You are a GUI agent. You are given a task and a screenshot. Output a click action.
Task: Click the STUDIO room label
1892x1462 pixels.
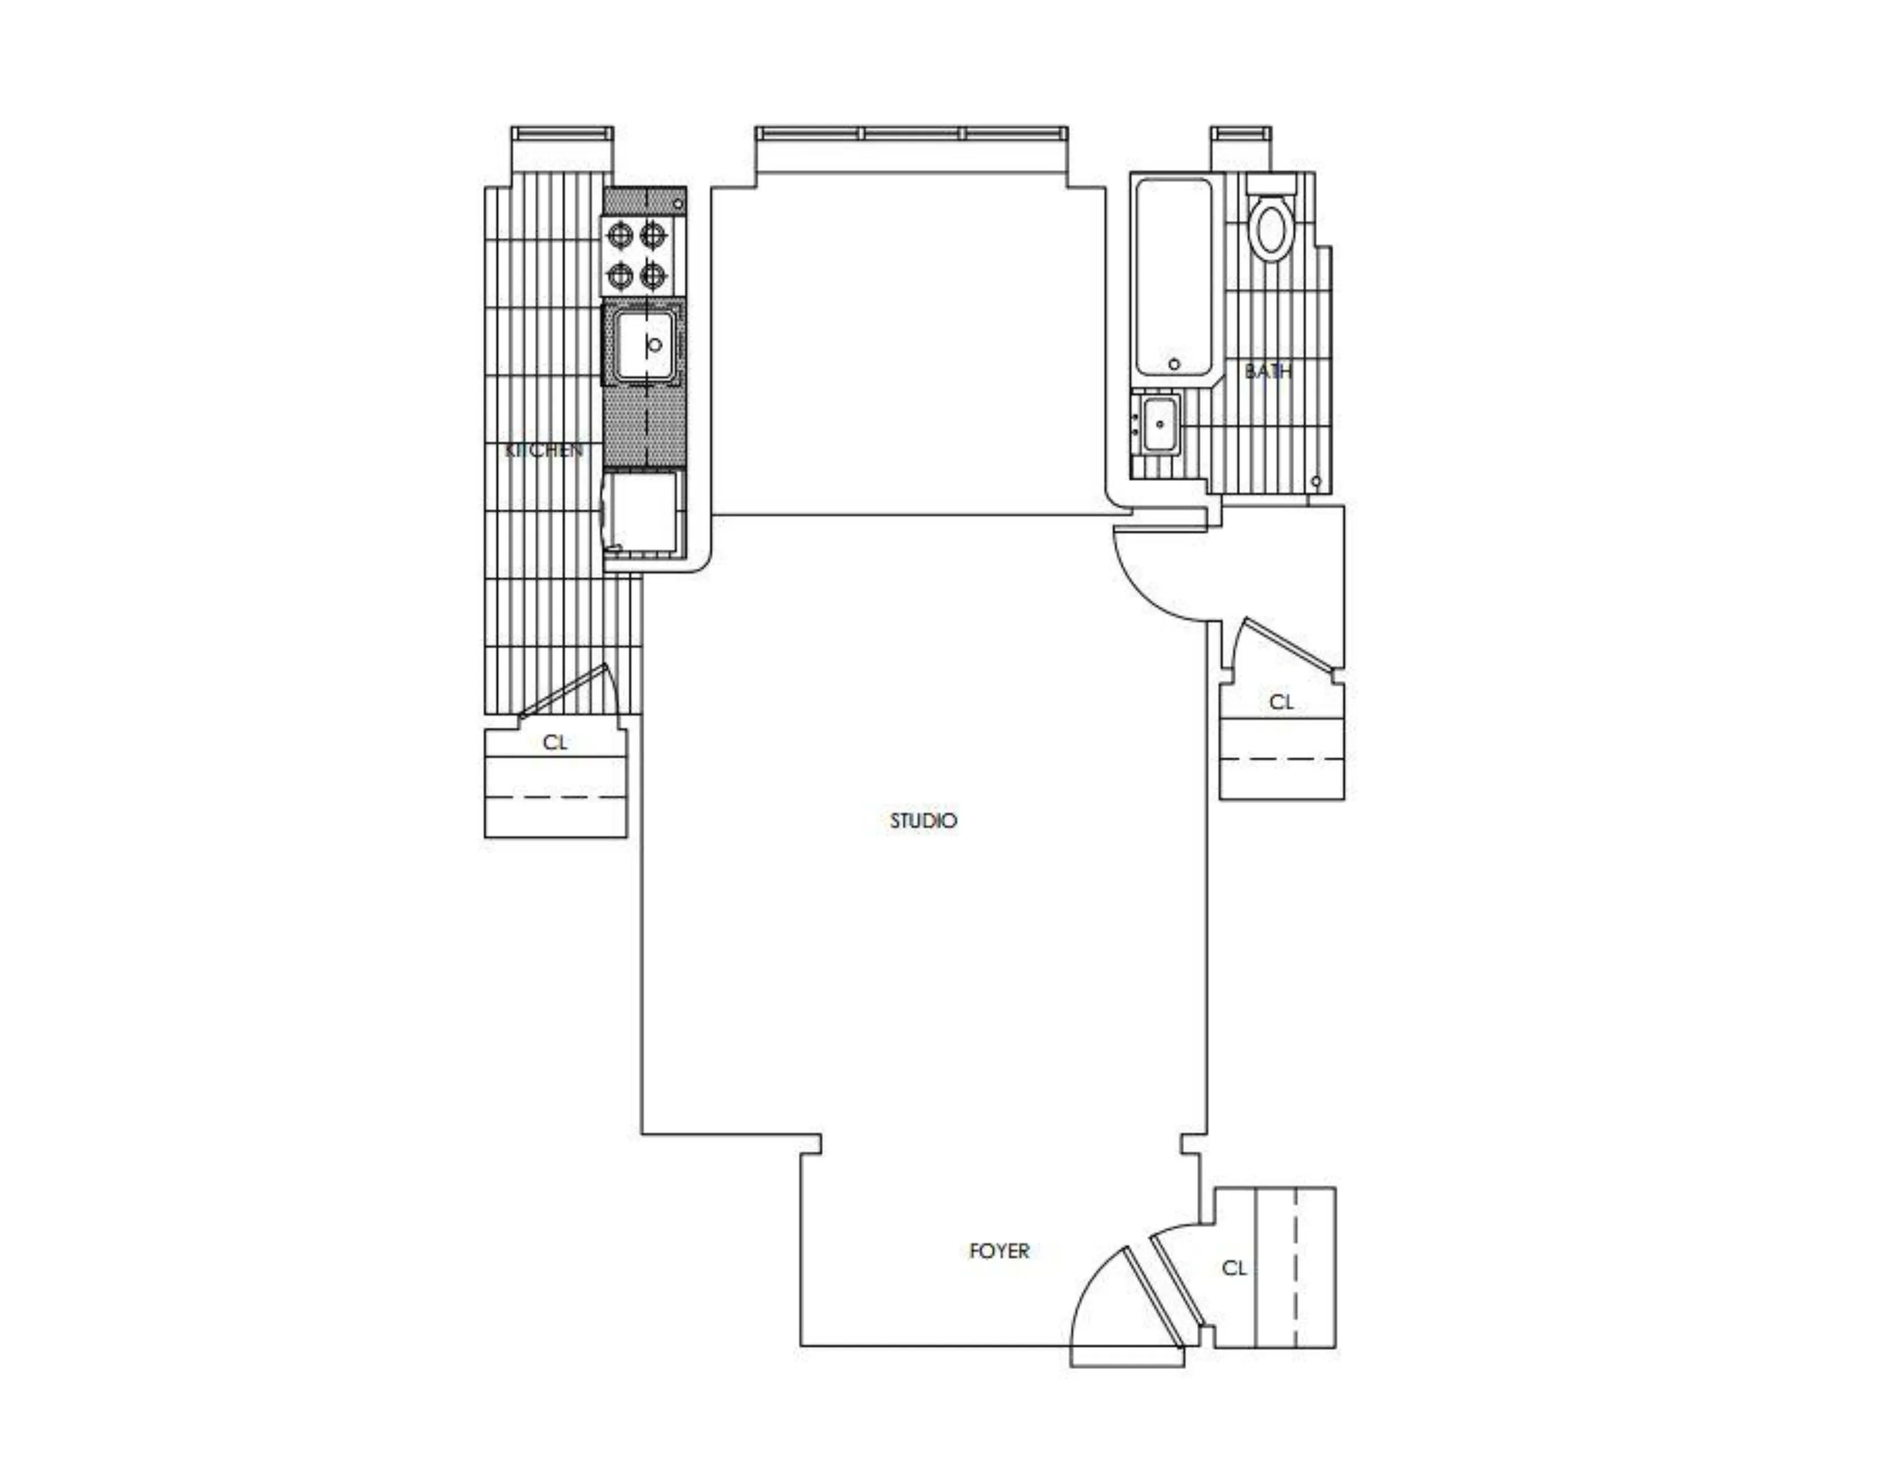924,820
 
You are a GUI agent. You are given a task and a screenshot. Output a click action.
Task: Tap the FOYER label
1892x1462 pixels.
999,1250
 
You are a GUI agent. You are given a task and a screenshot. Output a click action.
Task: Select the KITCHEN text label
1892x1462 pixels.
543,451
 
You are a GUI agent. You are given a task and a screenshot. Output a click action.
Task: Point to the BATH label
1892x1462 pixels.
1268,371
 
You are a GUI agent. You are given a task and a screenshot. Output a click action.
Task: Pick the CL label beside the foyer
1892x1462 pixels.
1234,1268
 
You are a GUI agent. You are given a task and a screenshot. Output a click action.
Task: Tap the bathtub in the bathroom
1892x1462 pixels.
1173,277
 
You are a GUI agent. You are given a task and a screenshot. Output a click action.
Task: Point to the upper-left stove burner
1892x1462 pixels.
620,234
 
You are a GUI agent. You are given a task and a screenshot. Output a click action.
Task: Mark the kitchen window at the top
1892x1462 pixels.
562,134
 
